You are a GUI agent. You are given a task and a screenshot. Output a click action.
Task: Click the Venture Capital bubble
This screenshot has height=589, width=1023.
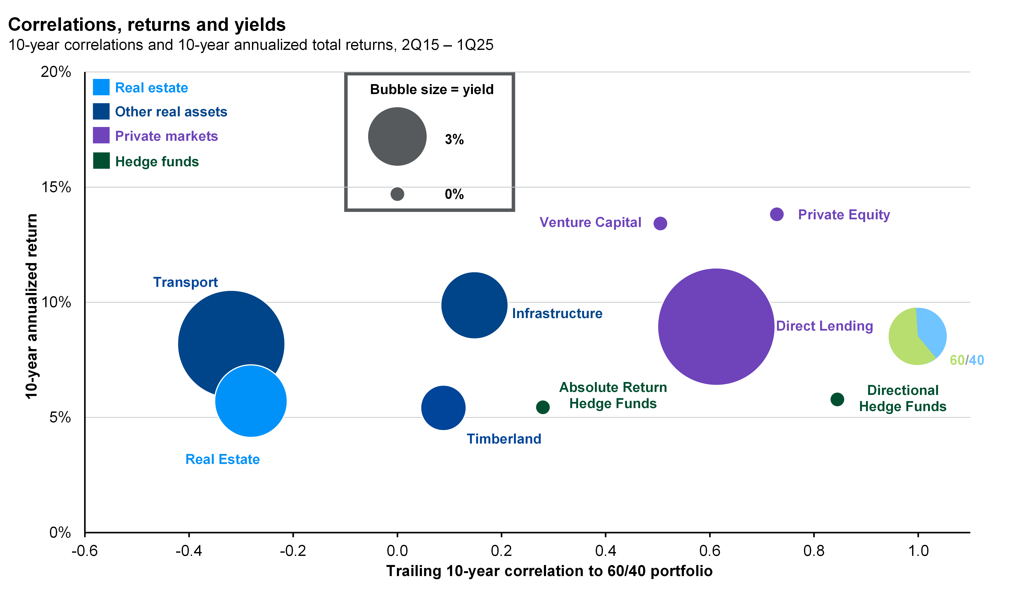coord(660,223)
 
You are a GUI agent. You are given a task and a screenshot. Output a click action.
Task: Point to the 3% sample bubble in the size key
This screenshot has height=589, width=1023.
coord(397,136)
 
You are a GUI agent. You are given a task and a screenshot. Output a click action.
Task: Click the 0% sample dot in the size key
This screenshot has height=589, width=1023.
coord(397,194)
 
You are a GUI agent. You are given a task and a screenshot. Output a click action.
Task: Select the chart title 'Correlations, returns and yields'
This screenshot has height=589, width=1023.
coord(147,25)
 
